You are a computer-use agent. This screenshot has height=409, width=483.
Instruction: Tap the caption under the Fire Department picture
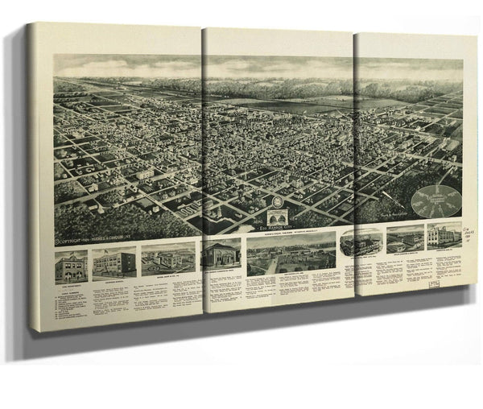[x=71, y=287]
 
